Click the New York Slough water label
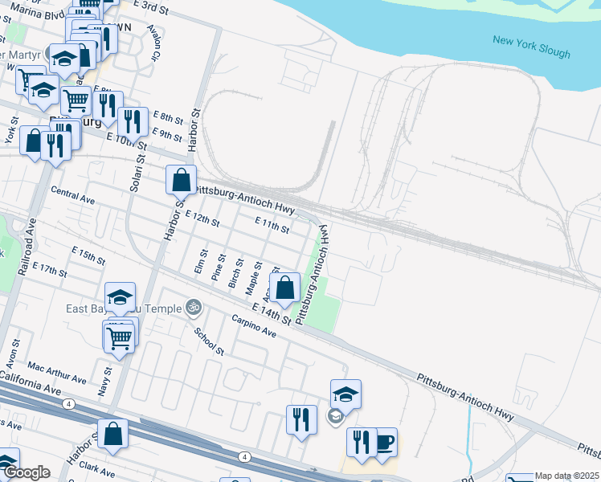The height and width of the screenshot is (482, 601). (531, 47)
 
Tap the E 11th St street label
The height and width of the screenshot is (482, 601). (271, 224)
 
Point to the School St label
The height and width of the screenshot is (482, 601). (209, 341)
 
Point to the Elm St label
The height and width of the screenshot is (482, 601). (201, 263)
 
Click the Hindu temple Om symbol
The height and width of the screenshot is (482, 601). (192, 306)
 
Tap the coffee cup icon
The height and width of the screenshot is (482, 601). (385, 441)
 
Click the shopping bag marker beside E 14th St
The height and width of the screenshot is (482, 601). (285, 287)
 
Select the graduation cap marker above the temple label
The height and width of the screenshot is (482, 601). (120, 297)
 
